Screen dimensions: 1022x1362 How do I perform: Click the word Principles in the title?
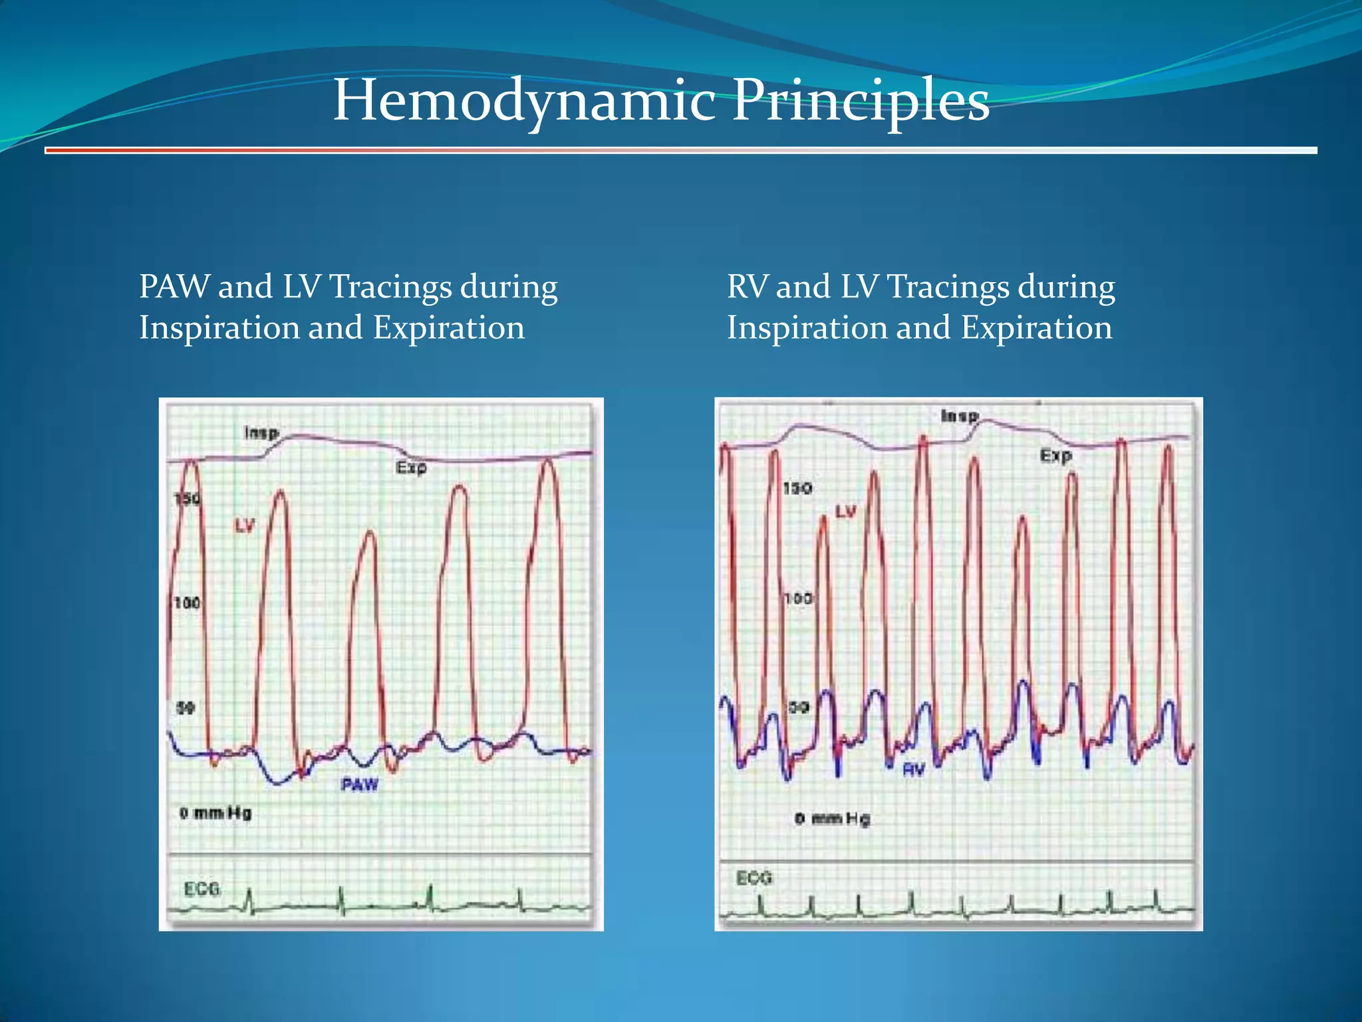coord(861,101)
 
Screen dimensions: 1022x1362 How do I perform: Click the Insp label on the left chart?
coord(261,433)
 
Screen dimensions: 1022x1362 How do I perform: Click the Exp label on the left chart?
coord(411,468)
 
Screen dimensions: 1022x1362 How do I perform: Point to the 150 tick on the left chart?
coord(187,499)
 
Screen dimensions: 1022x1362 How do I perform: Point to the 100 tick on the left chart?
coord(187,603)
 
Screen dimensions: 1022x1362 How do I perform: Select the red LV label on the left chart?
coord(244,526)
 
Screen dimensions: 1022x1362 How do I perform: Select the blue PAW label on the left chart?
coord(360,785)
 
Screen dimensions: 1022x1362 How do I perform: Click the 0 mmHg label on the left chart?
coord(215,813)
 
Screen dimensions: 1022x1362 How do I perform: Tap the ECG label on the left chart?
coord(202,889)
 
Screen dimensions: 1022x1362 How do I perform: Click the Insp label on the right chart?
coord(960,417)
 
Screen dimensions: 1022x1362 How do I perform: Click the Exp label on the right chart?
coord(1056,456)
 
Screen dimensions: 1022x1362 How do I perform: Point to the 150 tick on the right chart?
coord(797,489)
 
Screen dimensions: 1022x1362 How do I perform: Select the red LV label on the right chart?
coord(846,512)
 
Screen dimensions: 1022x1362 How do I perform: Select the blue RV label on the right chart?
coord(914,770)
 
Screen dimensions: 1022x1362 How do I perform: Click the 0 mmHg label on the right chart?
coord(832,818)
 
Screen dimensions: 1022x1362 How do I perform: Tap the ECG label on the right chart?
coord(754,878)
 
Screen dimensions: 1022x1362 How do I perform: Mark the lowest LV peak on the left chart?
coord(370,532)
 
